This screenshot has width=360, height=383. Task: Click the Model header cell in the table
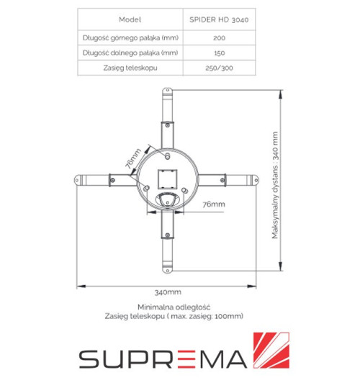(x=130, y=21)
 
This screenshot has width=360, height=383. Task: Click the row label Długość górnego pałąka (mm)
(x=130, y=37)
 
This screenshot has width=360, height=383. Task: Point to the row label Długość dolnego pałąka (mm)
(x=130, y=52)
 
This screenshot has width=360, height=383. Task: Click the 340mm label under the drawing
(x=168, y=292)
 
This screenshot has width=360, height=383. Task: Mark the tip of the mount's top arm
(x=168, y=92)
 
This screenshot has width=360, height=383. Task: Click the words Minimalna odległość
(x=168, y=307)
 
